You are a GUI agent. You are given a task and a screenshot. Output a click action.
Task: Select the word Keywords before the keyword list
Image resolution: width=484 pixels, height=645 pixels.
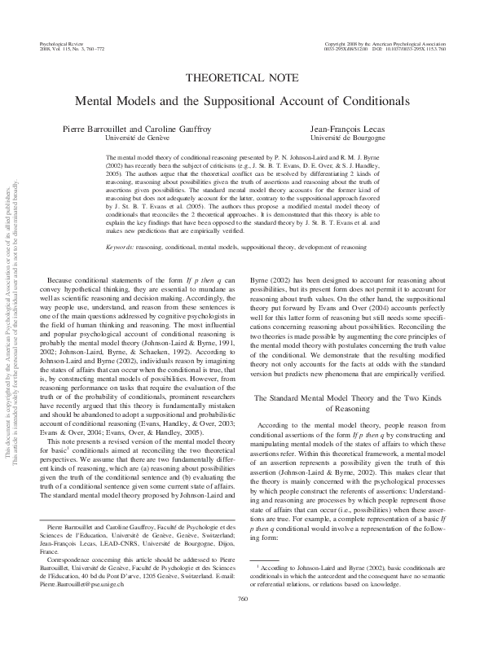121,224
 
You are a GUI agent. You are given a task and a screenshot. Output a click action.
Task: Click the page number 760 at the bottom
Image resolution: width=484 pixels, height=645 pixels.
242,621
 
